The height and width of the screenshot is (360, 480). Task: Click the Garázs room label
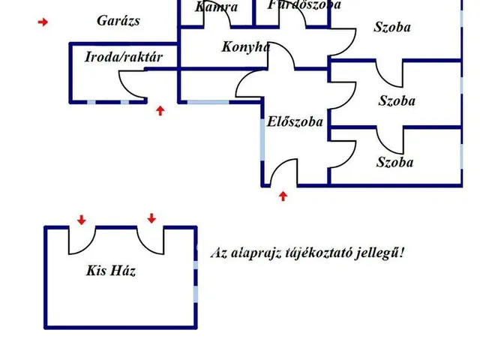point(118,21)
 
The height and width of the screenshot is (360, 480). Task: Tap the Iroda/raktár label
point(124,57)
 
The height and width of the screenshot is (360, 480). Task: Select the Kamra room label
point(217,7)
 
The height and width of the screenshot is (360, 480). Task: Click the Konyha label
point(245,46)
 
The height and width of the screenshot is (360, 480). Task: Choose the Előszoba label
point(295,121)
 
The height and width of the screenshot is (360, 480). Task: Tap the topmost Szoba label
point(392,28)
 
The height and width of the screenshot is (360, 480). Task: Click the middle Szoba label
point(397,101)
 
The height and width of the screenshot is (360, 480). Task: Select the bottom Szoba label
point(394,162)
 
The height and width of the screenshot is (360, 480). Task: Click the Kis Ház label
point(111,271)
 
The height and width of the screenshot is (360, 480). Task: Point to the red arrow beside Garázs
point(43,22)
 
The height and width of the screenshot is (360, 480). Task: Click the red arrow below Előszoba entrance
point(283,196)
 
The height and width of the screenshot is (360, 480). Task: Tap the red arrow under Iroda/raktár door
point(160,111)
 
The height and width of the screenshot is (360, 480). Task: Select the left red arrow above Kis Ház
point(81,219)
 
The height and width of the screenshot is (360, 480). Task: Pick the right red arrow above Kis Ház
point(151,218)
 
